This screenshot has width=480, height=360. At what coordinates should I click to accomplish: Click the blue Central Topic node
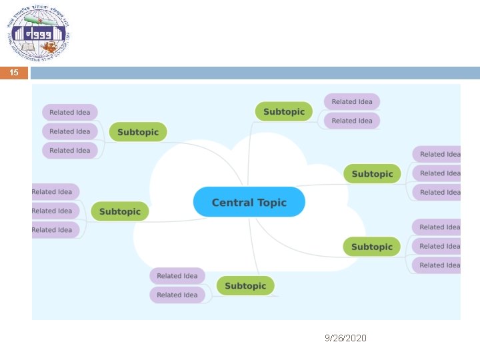coord(249,202)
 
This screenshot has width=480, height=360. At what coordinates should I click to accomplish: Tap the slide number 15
coord(14,73)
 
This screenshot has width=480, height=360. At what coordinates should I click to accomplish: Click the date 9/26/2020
coord(345,338)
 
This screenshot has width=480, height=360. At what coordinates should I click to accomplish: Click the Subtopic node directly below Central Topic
coord(245,285)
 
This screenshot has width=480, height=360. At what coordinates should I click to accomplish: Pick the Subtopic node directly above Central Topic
coord(283,111)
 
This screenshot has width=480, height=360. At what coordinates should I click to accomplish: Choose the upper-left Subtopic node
coord(138,132)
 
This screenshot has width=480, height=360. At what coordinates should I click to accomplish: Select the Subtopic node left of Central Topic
coord(120,211)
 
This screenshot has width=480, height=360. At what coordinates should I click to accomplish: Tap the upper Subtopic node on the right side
coord(372,173)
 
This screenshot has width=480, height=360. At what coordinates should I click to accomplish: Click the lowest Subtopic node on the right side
coord(371,247)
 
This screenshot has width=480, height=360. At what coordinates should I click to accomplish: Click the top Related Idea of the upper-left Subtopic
coord(70,112)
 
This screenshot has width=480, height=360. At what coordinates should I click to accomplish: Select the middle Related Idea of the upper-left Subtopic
coord(70,131)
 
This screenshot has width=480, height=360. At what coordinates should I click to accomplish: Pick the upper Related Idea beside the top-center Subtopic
coord(352,101)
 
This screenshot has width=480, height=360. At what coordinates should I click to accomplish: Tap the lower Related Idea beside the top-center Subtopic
coord(352,121)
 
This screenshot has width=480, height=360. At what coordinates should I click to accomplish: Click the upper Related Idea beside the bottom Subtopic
coord(177,275)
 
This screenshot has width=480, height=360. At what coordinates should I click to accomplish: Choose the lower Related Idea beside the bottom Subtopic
coord(177,295)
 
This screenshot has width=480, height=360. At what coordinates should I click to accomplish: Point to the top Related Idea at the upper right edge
coord(437,154)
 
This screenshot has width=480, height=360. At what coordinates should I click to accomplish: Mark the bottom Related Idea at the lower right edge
coord(437,265)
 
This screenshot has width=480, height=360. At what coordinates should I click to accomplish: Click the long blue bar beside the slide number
coord(255,73)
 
